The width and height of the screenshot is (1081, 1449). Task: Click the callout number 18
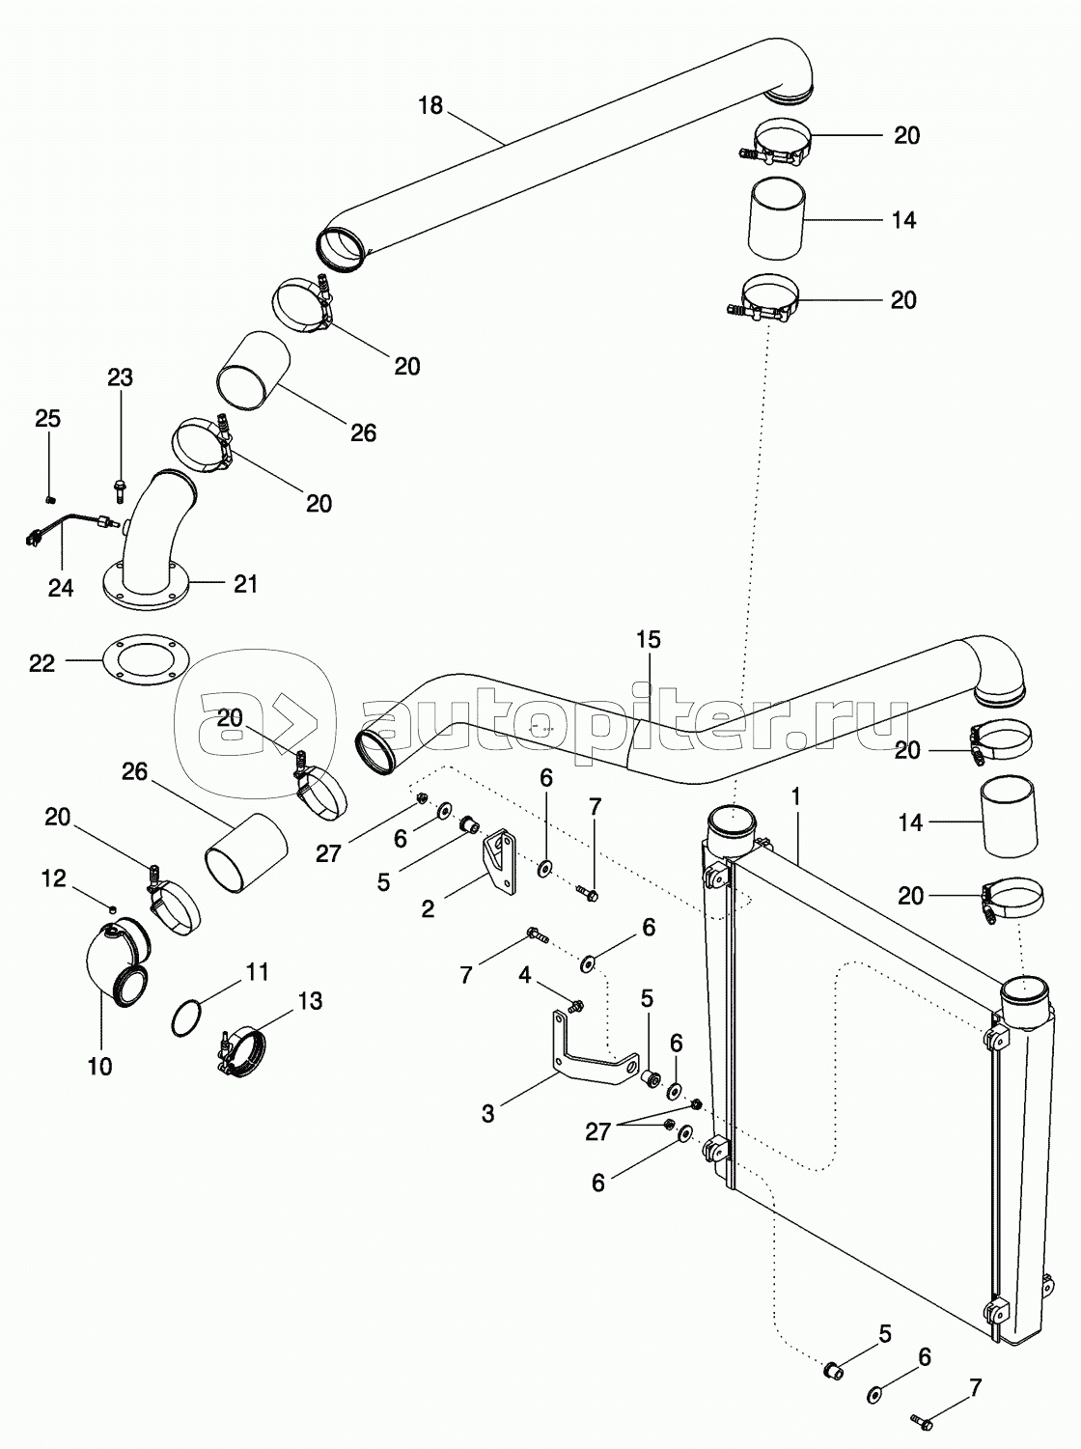(x=430, y=105)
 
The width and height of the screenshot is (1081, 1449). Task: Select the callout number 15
(x=649, y=638)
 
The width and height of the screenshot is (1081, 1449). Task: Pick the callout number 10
(x=99, y=1066)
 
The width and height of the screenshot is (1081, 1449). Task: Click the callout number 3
(x=488, y=1113)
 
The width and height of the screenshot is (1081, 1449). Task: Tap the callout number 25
(x=48, y=418)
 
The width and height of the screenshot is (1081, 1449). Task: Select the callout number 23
(x=120, y=377)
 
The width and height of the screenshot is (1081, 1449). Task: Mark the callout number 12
(x=53, y=878)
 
